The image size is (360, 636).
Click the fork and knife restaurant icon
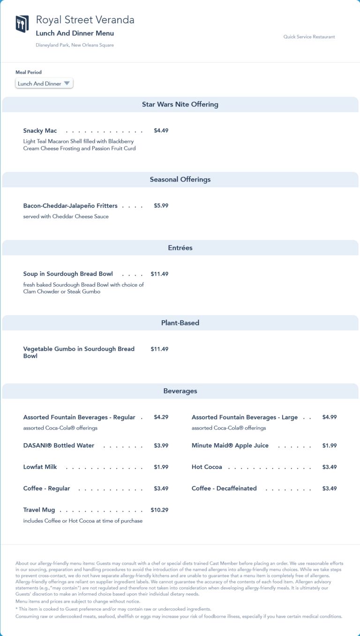click(22, 24)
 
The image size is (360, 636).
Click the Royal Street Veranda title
click(85, 20)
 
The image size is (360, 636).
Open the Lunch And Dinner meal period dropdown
click(44, 83)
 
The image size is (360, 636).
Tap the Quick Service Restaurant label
click(309, 37)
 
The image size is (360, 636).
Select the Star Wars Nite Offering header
click(180, 104)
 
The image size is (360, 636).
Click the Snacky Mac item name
click(40, 131)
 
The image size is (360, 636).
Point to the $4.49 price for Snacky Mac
click(161, 131)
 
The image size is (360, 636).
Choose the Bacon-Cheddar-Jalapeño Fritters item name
click(70, 206)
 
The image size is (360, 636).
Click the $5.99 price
click(161, 206)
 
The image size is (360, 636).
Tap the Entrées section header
click(180, 248)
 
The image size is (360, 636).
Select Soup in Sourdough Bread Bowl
click(68, 274)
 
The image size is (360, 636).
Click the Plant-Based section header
click(180, 323)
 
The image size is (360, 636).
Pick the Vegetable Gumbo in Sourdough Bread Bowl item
click(79, 352)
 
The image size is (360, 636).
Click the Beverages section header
click(180, 391)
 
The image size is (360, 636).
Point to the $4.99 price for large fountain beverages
click(329, 417)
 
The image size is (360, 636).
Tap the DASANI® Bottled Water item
click(59, 446)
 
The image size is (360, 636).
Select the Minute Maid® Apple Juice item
click(230, 446)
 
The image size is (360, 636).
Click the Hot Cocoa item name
click(207, 467)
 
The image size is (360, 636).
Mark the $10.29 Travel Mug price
click(159, 510)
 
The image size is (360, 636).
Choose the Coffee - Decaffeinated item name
click(224, 489)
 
